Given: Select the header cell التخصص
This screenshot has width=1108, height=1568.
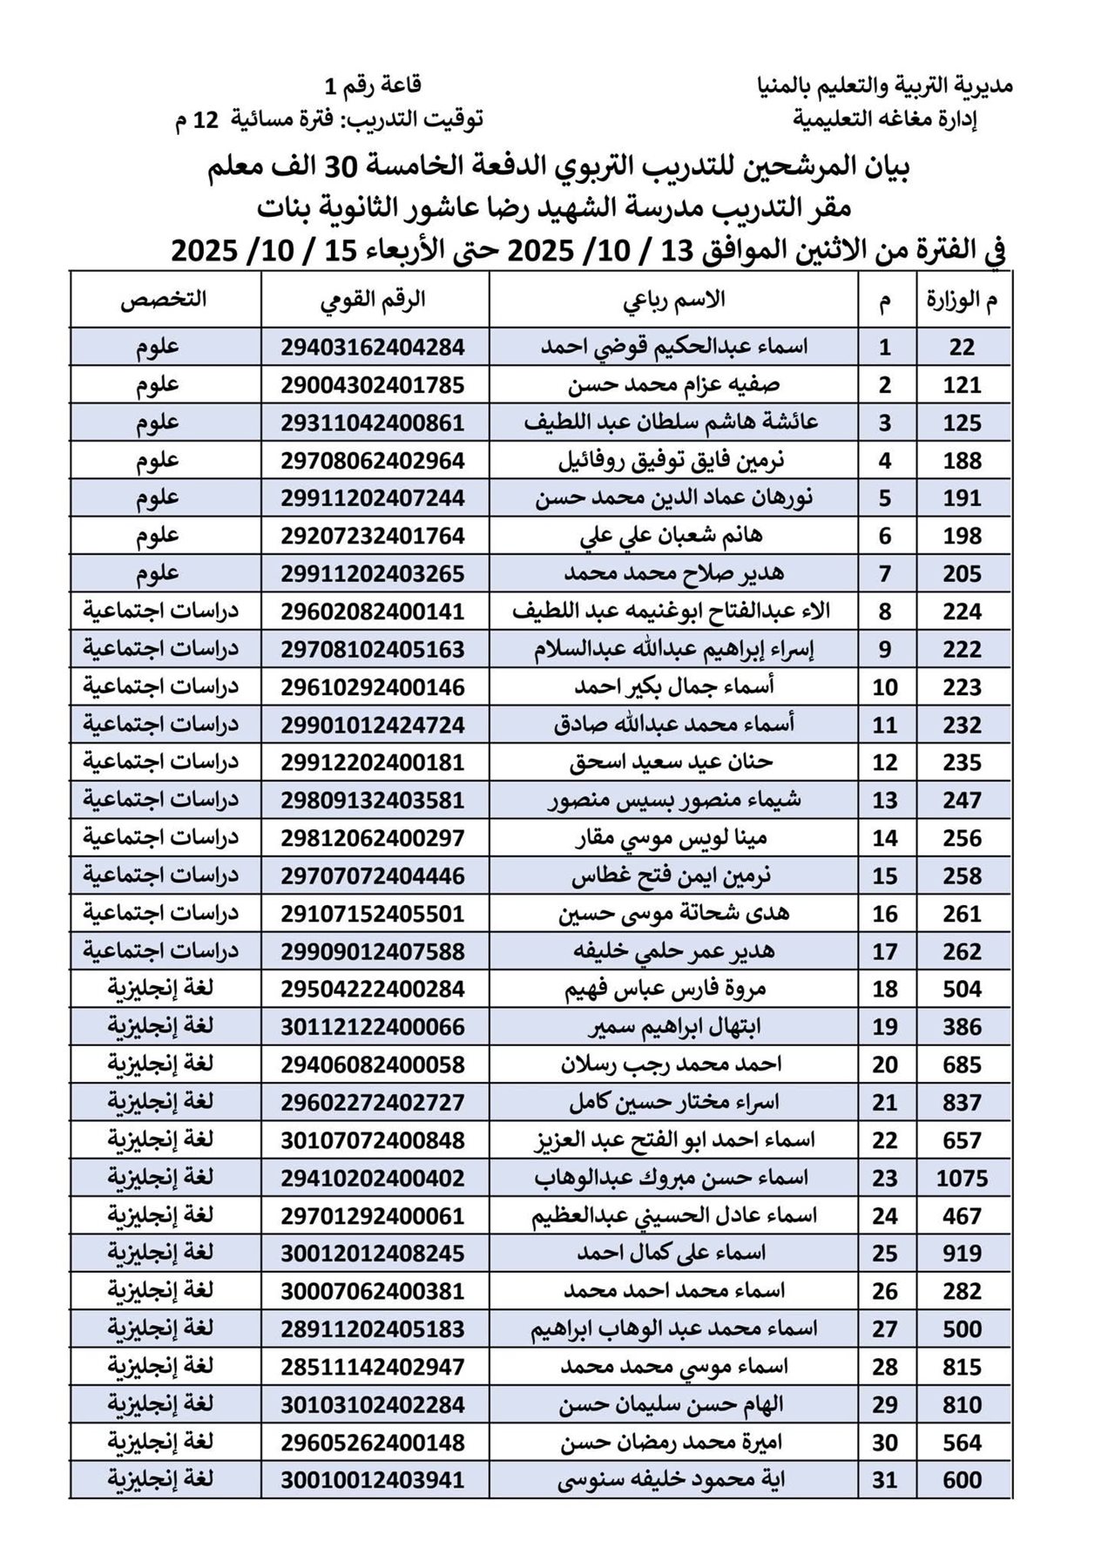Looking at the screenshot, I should pyautogui.click(x=164, y=300).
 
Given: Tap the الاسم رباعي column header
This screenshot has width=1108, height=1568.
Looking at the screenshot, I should pyautogui.click(x=673, y=300).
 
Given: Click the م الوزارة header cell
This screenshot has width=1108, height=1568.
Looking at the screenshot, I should pyautogui.click(x=963, y=301).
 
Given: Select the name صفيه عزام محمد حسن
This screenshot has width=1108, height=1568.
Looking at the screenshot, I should pyautogui.click(x=673, y=385).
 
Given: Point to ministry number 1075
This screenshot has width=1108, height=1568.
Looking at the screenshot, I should pyautogui.click(x=963, y=1179).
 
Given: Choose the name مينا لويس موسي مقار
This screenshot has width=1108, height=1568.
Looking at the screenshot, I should pyautogui.click(x=673, y=838).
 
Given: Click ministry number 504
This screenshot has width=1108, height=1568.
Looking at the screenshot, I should pyautogui.click(x=963, y=990).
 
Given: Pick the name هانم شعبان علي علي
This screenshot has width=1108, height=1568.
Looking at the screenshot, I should pyautogui.click(x=673, y=536).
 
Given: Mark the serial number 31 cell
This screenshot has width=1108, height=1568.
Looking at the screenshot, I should pyautogui.click(x=885, y=1480).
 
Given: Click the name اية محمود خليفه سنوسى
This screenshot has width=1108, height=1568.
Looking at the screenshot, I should pyautogui.click(x=673, y=1480).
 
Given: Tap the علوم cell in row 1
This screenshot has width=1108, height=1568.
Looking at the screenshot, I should pyautogui.click(x=158, y=348).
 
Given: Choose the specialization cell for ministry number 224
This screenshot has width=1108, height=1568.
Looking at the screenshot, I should pyautogui.click(x=161, y=612).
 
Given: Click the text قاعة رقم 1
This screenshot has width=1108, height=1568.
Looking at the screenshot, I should pyautogui.click(x=372, y=85).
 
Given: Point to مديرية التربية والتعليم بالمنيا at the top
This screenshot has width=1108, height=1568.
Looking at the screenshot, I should pyautogui.click(x=885, y=86).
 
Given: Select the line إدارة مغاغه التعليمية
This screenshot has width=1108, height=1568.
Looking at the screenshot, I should pyautogui.click(x=885, y=119).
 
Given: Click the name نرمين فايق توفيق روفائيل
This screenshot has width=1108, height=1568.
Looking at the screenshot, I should pyautogui.click(x=673, y=461).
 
